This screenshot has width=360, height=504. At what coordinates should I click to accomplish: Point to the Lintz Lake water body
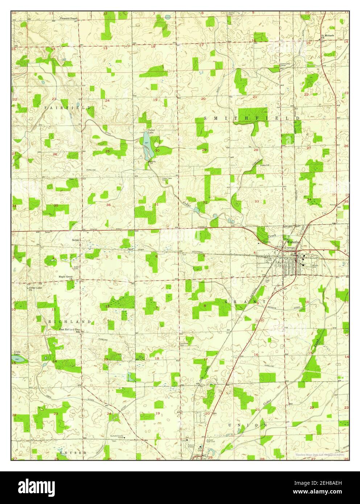click(20, 359)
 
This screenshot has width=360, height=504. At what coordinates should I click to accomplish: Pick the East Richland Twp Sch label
click(70, 330)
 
